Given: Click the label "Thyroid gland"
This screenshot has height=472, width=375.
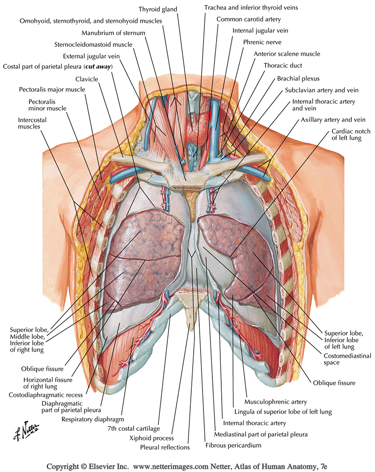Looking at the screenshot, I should [x=160, y=9].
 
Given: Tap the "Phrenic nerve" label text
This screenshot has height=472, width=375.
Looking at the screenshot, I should [x=262, y=42].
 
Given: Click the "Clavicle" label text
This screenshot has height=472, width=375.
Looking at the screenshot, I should [x=87, y=79].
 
